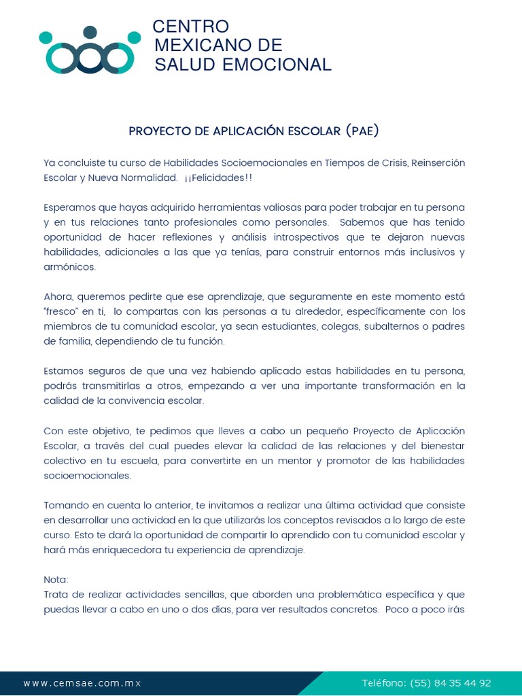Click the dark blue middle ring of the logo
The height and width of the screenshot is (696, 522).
(x=90, y=58)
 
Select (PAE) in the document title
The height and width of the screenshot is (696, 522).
(x=362, y=130)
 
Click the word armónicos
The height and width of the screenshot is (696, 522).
(x=69, y=267)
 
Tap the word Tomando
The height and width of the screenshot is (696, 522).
(x=65, y=505)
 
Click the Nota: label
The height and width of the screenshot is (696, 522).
(x=56, y=580)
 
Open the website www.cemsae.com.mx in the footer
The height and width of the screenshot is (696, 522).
(x=82, y=683)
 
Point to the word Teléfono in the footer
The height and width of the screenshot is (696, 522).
(x=383, y=683)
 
